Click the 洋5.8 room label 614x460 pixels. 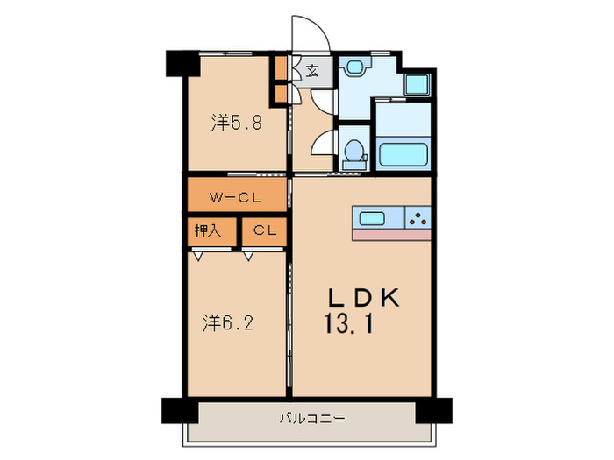[236, 124]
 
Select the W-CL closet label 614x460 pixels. [234, 197]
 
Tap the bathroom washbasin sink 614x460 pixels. [354, 68]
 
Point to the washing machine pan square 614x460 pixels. [416, 85]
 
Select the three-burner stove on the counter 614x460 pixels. [418, 218]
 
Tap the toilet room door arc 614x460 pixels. [323, 143]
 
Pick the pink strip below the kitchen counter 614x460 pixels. [392, 235]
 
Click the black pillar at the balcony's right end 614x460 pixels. [433, 410]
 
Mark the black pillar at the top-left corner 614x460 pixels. [180, 63]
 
